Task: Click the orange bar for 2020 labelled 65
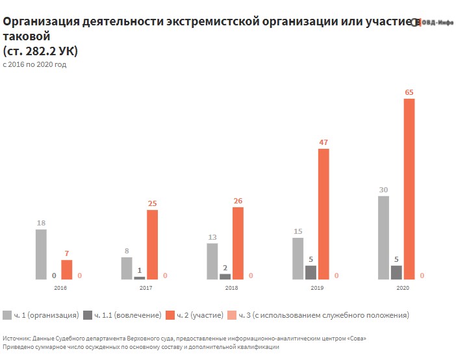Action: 409,189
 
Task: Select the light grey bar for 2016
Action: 41,254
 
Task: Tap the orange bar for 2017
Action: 152,244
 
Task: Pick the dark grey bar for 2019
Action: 310,272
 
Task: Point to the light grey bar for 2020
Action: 383,237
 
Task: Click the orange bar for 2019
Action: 323,214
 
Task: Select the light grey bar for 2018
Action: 212,261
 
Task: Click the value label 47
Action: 323,142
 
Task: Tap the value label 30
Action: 383,190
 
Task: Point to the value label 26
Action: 238,201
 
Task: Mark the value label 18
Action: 41,223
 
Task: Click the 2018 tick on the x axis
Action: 231,287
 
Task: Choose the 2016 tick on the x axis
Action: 60,287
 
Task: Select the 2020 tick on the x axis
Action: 403,287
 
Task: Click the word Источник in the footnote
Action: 18,339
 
